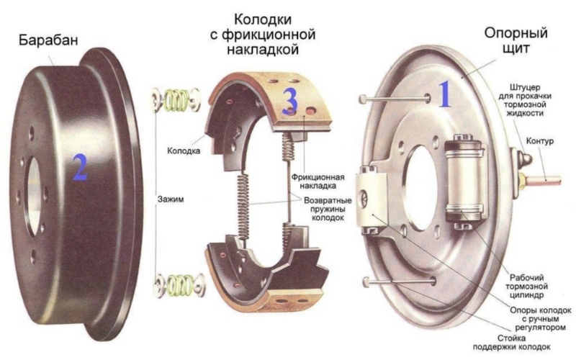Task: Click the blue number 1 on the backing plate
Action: [x=445, y=95]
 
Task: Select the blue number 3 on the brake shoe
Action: [x=289, y=102]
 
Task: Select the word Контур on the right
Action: [x=539, y=141]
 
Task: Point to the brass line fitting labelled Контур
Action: [x=544, y=179]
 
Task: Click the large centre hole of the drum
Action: [x=32, y=187]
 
